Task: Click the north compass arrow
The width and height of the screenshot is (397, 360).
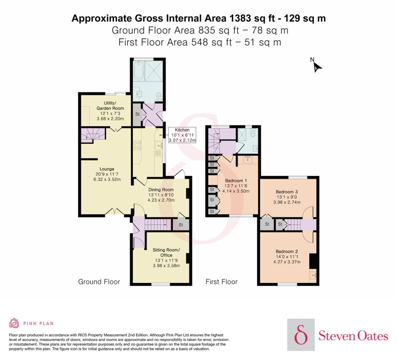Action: pyautogui.click(x=317, y=68)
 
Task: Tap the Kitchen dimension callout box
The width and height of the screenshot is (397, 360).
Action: pyautogui.click(x=182, y=135)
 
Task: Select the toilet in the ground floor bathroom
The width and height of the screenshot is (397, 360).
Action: pyautogui.click(x=159, y=97)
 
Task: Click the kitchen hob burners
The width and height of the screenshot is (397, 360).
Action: pyautogui.click(x=137, y=145)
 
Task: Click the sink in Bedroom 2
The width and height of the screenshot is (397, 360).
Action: pyautogui.click(x=313, y=275)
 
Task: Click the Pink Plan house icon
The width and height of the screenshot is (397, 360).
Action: pyautogui.click(x=14, y=323)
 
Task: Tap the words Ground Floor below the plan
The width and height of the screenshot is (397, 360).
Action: pyautogui.click(x=99, y=282)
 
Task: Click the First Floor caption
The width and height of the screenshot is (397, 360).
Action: pyautogui.click(x=221, y=282)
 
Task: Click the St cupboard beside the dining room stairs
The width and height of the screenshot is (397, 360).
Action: pyautogui.click(x=181, y=225)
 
